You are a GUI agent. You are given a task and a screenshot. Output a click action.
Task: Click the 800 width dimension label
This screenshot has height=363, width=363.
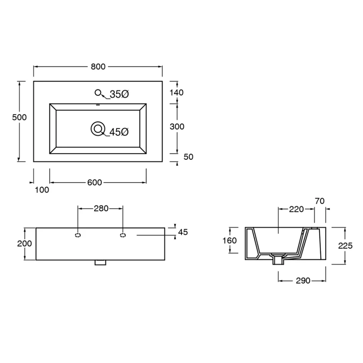pyautogui.click(x=98, y=66)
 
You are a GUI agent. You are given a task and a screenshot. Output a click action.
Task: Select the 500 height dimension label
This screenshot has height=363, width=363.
pyautogui.click(x=19, y=117)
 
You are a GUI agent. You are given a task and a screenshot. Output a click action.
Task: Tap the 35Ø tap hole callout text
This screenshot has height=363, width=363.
pyautogui.click(x=119, y=94)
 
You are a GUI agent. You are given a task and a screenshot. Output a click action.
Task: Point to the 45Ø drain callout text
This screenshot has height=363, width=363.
pyautogui.click(x=119, y=132)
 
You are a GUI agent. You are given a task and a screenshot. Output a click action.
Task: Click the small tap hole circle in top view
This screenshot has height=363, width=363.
pyautogui.click(x=98, y=92)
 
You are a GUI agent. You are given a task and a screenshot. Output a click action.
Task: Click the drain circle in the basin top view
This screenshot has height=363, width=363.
pyautogui.click(x=98, y=129)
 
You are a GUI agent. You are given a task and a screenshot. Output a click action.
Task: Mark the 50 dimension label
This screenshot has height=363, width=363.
pyautogui.click(x=188, y=157)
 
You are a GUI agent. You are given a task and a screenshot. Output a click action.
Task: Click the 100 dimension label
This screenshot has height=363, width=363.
pyautogui.click(x=42, y=190)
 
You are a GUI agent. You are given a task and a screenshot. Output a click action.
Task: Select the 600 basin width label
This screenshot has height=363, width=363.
pyautogui.click(x=94, y=183)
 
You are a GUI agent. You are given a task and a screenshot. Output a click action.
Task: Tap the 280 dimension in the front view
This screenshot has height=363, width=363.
pyautogui.click(x=101, y=208)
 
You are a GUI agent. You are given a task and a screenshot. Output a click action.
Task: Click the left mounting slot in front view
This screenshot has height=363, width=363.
pyautogui.click(x=78, y=235)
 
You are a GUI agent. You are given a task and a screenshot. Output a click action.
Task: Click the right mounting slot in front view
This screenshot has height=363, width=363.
pyautogui.click(x=123, y=235)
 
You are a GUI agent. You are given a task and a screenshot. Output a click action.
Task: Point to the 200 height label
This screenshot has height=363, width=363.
pyautogui.click(x=24, y=244)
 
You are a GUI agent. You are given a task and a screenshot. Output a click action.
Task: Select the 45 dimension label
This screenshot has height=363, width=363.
pyautogui.click(x=183, y=232)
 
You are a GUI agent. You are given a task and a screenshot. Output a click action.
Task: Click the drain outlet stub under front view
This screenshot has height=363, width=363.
pyautogui.click(x=100, y=263)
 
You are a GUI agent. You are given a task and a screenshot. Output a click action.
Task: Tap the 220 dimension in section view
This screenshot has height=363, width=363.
pyautogui.click(x=296, y=209)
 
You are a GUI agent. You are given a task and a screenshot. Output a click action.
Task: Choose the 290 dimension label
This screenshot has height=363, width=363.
pyautogui.click(x=303, y=281)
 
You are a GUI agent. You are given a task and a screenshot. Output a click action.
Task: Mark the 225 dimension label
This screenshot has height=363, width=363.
pyautogui.click(x=345, y=246)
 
